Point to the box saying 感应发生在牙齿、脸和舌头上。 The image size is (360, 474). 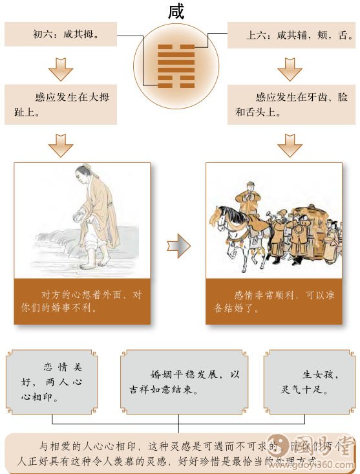click(291, 105)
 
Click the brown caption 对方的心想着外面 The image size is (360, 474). click(82, 301)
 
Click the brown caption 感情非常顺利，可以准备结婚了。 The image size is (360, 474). click(274, 301)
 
